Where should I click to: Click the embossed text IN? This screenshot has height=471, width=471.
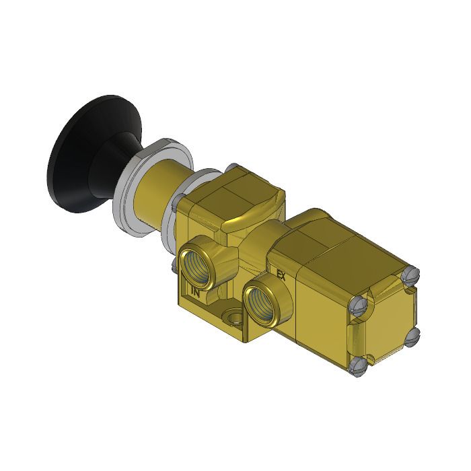pos(196,292)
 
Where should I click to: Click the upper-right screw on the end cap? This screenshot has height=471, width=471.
pos(414,274)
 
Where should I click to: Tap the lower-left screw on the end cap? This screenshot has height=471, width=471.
pos(359,367)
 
